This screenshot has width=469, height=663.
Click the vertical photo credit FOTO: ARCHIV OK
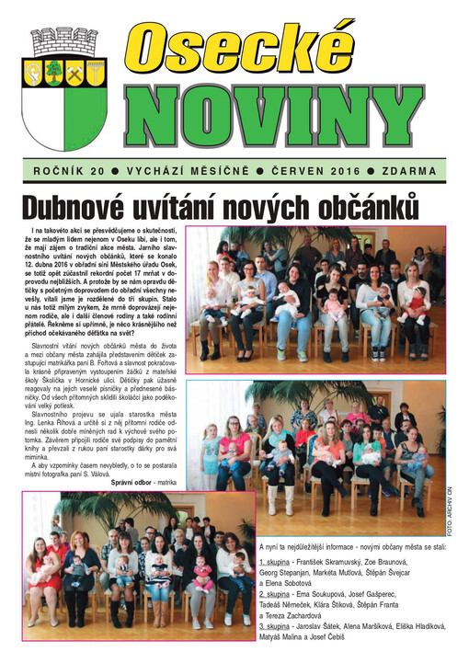click(x=450, y=509)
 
